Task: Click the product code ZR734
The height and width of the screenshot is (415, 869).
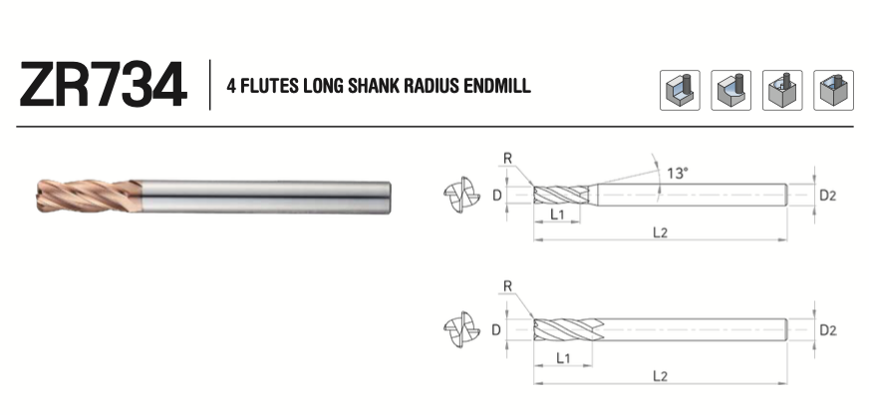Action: point(103,85)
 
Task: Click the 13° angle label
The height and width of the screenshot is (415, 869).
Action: point(678,174)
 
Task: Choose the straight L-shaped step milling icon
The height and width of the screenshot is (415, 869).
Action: point(680,90)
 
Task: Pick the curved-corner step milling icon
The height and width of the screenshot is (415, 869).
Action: point(731,90)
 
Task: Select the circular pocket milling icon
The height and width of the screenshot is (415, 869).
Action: point(782,90)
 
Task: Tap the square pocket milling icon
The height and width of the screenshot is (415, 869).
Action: point(833,90)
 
